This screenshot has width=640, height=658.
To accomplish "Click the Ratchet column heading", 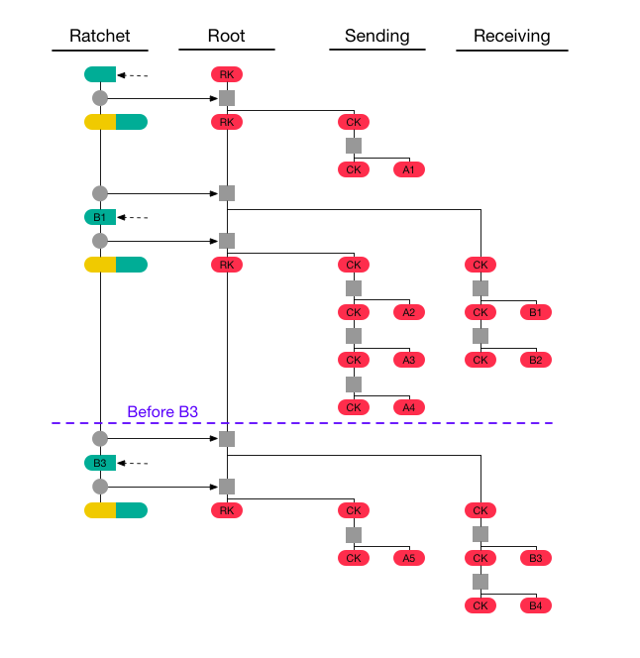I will (99, 37).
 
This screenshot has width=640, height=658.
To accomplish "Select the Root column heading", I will (226, 37).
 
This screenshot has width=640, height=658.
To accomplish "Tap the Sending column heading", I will (376, 37).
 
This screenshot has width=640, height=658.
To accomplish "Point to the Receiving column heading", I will (511, 37).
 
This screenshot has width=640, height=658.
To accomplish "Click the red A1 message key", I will (409, 169).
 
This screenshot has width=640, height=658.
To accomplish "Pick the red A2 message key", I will (409, 312).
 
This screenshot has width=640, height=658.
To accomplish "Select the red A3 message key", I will (409, 360).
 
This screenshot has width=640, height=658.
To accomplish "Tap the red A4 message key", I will (409, 407).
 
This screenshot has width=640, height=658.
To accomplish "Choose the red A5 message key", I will (409, 558).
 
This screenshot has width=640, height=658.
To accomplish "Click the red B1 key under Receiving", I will (536, 312).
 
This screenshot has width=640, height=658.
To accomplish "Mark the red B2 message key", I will (536, 360).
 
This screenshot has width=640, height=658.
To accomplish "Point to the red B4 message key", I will (536, 605).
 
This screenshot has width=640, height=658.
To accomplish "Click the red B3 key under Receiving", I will (536, 558).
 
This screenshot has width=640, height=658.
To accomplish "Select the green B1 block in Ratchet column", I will (100, 217).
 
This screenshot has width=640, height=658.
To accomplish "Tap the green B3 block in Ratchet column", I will (100, 463).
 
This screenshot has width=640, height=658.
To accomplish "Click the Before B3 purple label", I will (164, 412).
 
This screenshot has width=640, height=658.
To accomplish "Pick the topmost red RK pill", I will (227, 74).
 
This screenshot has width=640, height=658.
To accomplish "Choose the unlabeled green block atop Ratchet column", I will (100, 74).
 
